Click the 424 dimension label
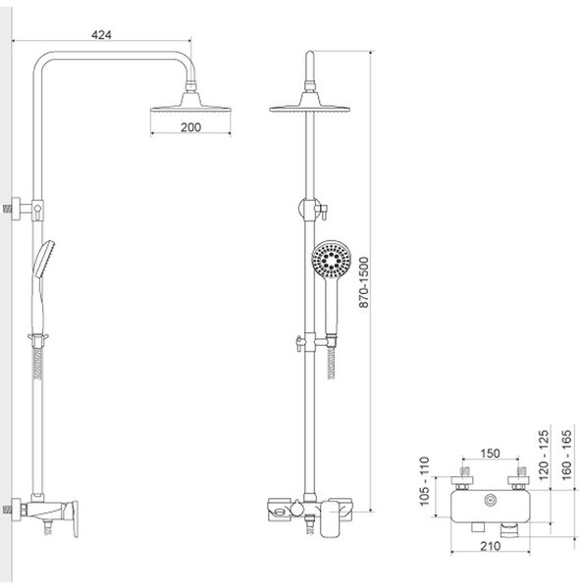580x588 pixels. coord(101,34)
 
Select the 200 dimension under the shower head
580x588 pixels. coord(190,127)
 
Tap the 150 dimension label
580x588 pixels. coord(491,453)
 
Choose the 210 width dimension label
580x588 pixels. coord(491,546)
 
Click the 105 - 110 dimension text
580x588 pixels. coord(424,481)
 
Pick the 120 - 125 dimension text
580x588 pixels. coord(544,455)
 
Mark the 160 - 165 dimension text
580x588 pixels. coord(566,455)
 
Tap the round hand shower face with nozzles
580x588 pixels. coord(332,259)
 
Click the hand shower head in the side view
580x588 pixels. coord(43,259)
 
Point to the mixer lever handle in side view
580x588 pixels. coord(72,518)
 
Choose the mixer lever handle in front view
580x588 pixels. coord(330,517)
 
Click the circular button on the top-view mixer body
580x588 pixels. coord(490,500)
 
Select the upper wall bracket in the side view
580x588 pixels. coord(24,209)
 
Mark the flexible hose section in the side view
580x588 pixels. coord(37,364)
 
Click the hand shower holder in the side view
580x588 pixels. coord(38,339)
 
